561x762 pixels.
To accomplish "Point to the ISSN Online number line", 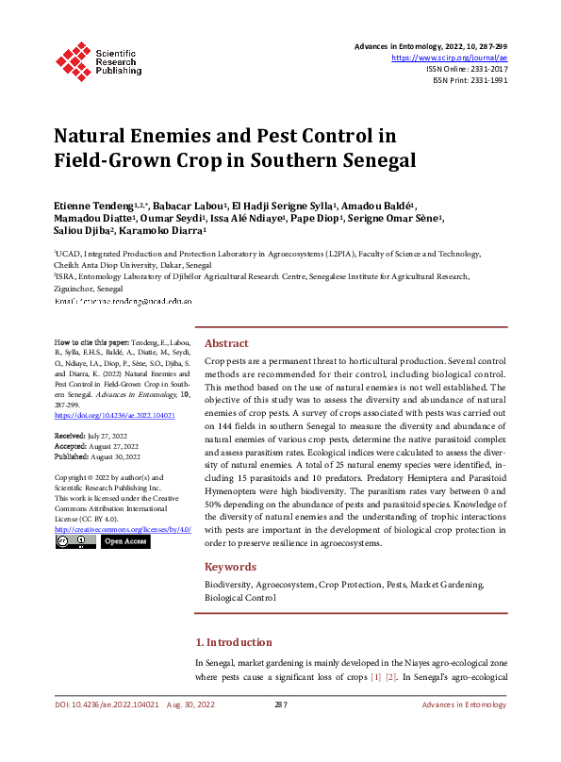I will click(x=467, y=69).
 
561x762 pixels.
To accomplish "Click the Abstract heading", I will click(x=226, y=344).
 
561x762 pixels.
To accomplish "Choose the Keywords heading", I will click(x=230, y=567).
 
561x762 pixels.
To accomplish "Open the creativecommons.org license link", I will click(x=123, y=529).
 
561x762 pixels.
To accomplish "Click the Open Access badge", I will click(x=124, y=542).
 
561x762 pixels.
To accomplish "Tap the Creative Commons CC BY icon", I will click(x=75, y=542).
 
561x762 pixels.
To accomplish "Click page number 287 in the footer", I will click(x=280, y=704).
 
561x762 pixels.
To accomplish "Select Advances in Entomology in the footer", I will click(x=464, y=704).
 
